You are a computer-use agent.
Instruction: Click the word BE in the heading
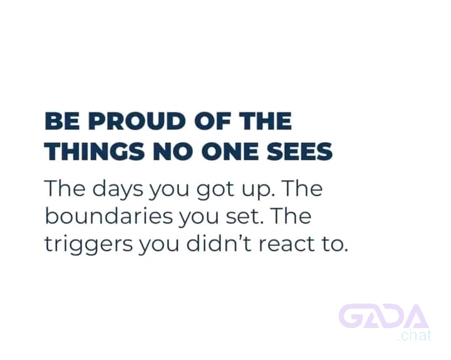[62, 121]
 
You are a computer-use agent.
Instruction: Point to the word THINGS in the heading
[95, 152]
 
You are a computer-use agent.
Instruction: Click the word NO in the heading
[173, 152]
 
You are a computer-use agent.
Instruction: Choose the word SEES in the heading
[300, 152]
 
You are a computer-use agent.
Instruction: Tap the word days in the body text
[117, 189]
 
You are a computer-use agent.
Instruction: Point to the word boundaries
[109, 215]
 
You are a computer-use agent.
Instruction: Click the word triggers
[88, 244]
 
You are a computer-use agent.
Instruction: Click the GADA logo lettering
[384, 316]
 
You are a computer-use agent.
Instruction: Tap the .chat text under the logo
[414, 336]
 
